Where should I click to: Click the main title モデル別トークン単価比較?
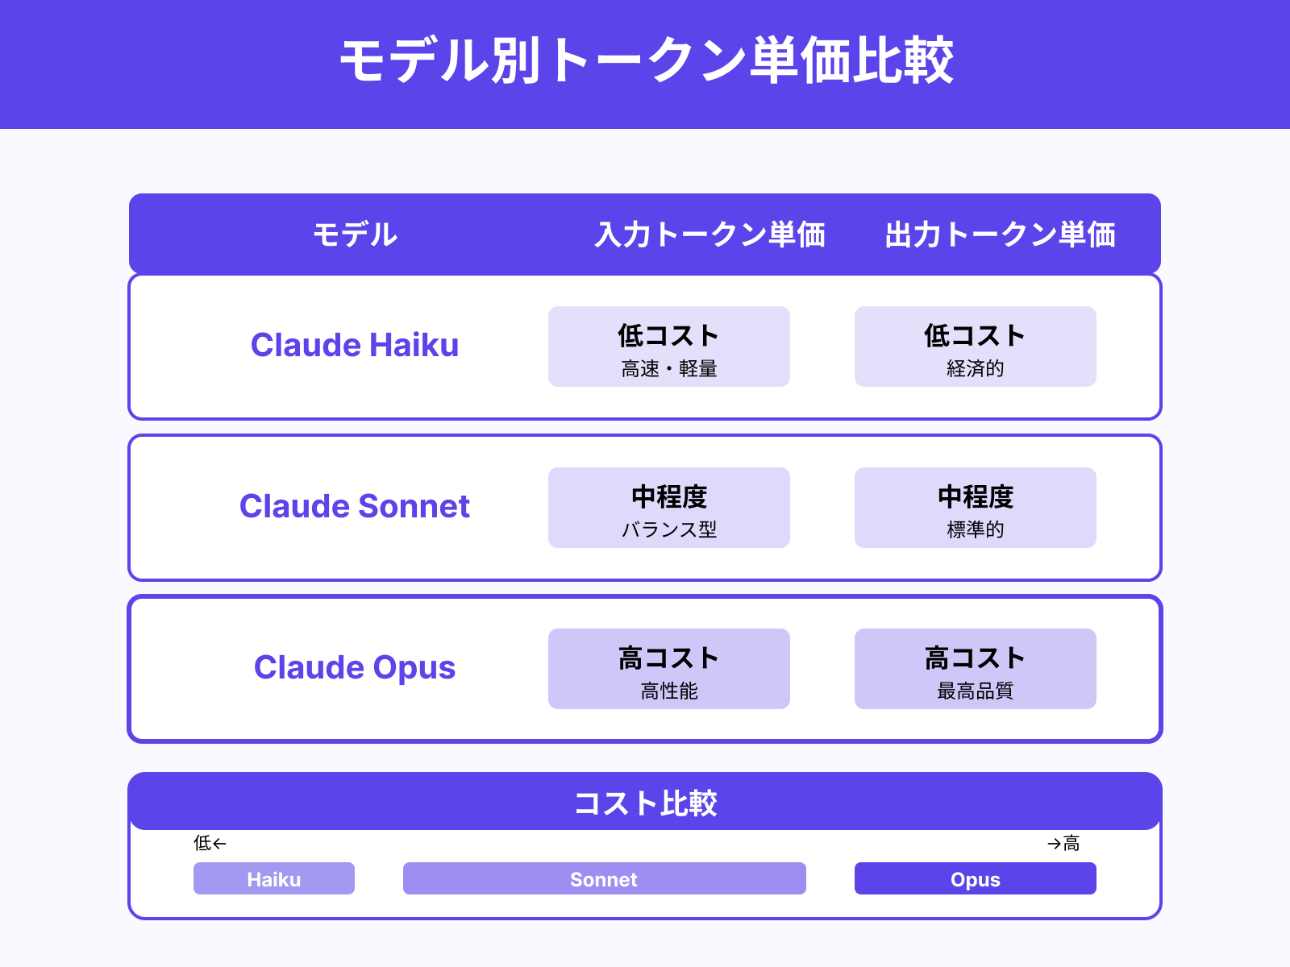(646, 61)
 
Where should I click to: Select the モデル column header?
(355, 234)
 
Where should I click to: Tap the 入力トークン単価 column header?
(709, 234)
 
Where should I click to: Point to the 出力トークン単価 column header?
(1000, 234)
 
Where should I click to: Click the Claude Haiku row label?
(355, 345)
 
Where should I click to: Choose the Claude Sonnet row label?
(355, 506)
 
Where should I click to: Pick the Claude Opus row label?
(355, 667)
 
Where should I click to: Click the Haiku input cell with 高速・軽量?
(669, 347)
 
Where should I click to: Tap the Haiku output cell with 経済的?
(976, 347)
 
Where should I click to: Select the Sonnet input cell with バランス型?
(669, 508)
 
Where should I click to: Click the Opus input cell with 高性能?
(669, 670)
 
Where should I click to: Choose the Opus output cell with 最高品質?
(976, 670)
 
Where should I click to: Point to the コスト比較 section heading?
(645, 803)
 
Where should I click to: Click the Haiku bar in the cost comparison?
(274, 878)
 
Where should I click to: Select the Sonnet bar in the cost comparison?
(604, 878)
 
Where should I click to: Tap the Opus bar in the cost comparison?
(976, 878)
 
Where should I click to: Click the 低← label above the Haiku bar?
(210, 843)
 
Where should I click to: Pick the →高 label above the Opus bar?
(1063, 843)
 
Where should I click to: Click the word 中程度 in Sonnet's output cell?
(976, 496)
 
